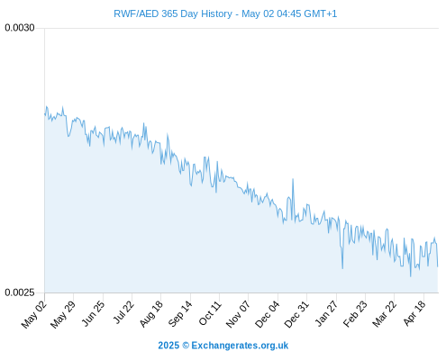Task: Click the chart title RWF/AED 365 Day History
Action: (173, 13)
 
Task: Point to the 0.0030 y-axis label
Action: (20, 28)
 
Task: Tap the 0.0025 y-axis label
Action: (20, 292)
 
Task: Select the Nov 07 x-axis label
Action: (238, 314)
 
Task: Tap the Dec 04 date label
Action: (267, 314)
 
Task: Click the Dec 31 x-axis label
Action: (296, 314)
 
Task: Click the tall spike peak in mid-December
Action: (293, 179)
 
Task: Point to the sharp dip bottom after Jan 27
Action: (342, 268)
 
